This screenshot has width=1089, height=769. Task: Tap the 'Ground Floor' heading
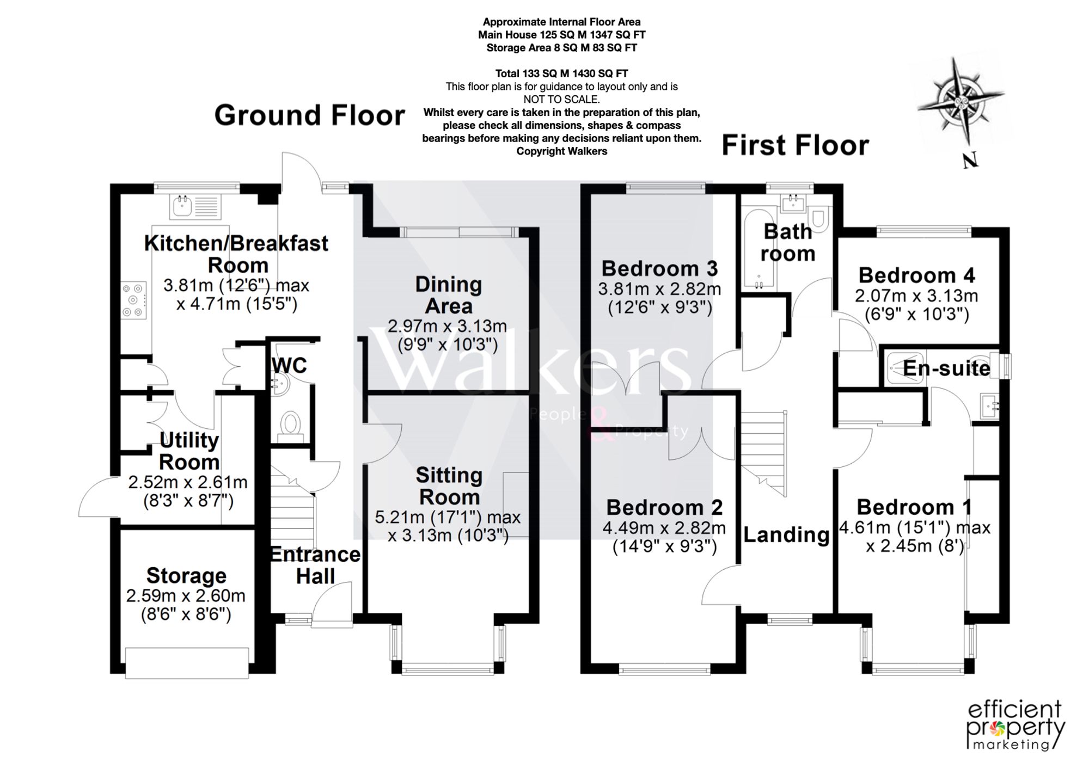pyautogui.click(x=310, y=115)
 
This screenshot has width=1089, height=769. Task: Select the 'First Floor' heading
pyautogui.click(x=796, y=146)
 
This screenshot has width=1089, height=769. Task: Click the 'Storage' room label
pyautogui.click(x=186, y=575)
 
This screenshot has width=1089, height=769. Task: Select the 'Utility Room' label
pyautogui.click(x=189, y=451)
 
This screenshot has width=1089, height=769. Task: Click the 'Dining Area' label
pyautogui.click(x=449, y=296)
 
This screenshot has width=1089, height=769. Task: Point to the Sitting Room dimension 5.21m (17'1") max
pyautogui.click(x=448, y=516)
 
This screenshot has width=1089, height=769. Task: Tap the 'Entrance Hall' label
pyautogui.click(x=315, y=565)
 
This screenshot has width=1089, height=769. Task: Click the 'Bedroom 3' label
pyautogui.click(x=659, y=268)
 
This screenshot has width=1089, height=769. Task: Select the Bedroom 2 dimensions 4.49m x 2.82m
pyautogui.click(x=664, y=528)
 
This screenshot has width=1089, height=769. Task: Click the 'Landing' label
pyautogui.click(x=786, y=535)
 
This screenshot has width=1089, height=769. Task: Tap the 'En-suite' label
pyautogui.click(x=946, y=368)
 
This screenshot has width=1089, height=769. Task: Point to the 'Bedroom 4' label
pyautogui.click(x=916, y=275)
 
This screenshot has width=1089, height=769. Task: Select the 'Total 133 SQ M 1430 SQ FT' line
pyautogui.click(x=561, y=73)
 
